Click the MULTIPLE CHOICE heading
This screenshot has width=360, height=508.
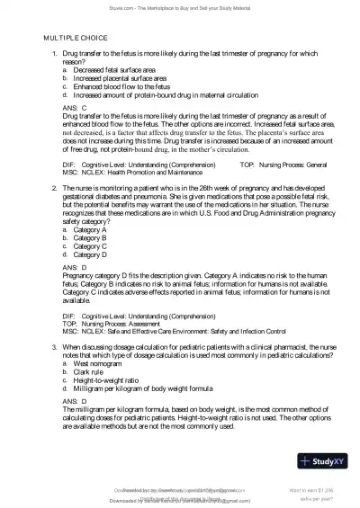(x=76, y=40)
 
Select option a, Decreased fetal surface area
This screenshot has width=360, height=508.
(x=114, y=70)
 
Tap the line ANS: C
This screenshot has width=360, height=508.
(x=75, y=106)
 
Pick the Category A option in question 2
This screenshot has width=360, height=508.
(x=91, y=230)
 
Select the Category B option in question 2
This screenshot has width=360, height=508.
(x=91, y=237)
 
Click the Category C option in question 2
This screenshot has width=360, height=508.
(x=91, y=245)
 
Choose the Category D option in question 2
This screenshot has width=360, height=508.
(x=91, y=254)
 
